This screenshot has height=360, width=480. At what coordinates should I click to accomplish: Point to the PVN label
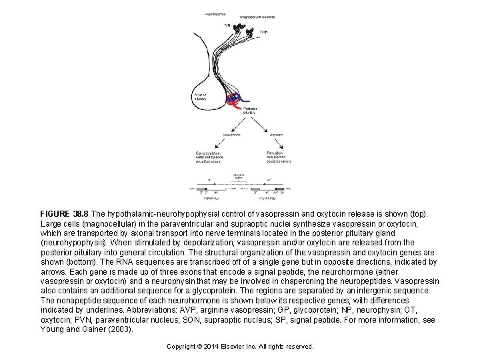pyautogui.click(x=227, y=25)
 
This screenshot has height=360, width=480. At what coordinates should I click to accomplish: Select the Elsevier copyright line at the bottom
pyautogui.click(x=240, y=347)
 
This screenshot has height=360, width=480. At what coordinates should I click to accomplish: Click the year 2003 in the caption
pyautogui.click(x=121, y=329)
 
